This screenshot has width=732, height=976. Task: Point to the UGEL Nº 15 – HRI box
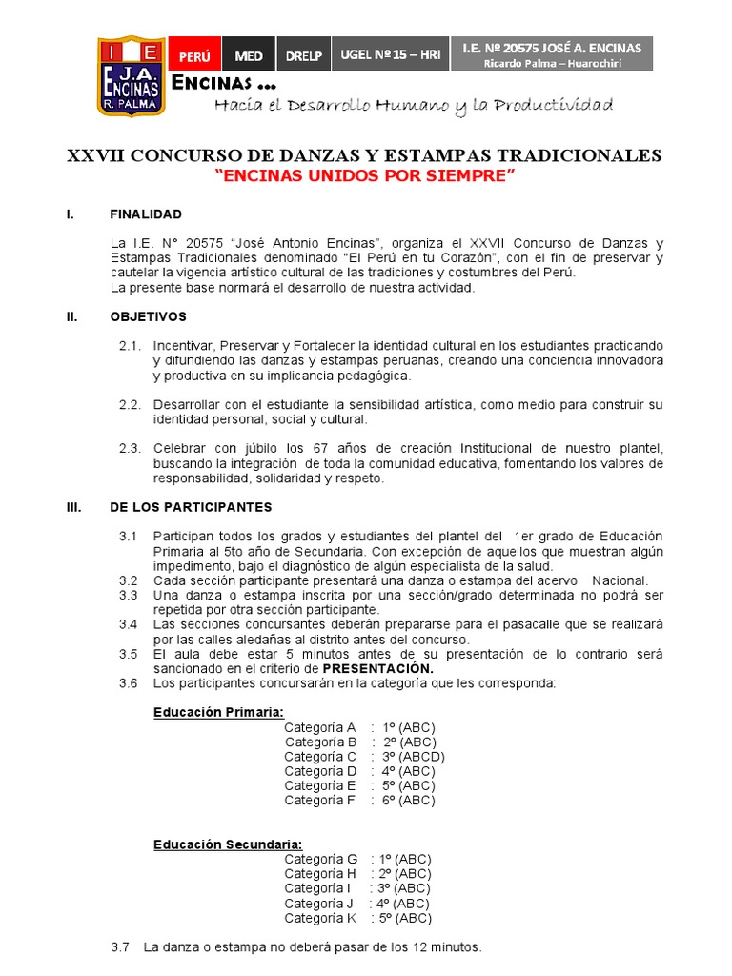391,55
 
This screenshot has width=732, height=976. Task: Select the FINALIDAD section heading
146,214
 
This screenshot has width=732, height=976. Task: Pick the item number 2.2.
130,405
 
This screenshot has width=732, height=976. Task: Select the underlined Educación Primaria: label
218,712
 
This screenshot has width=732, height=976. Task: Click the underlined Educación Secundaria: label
228,844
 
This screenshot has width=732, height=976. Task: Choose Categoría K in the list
319,918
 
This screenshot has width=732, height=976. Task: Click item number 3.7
120,947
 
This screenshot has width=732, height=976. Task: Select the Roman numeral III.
73,507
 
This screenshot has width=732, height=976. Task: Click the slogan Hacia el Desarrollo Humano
414,106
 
